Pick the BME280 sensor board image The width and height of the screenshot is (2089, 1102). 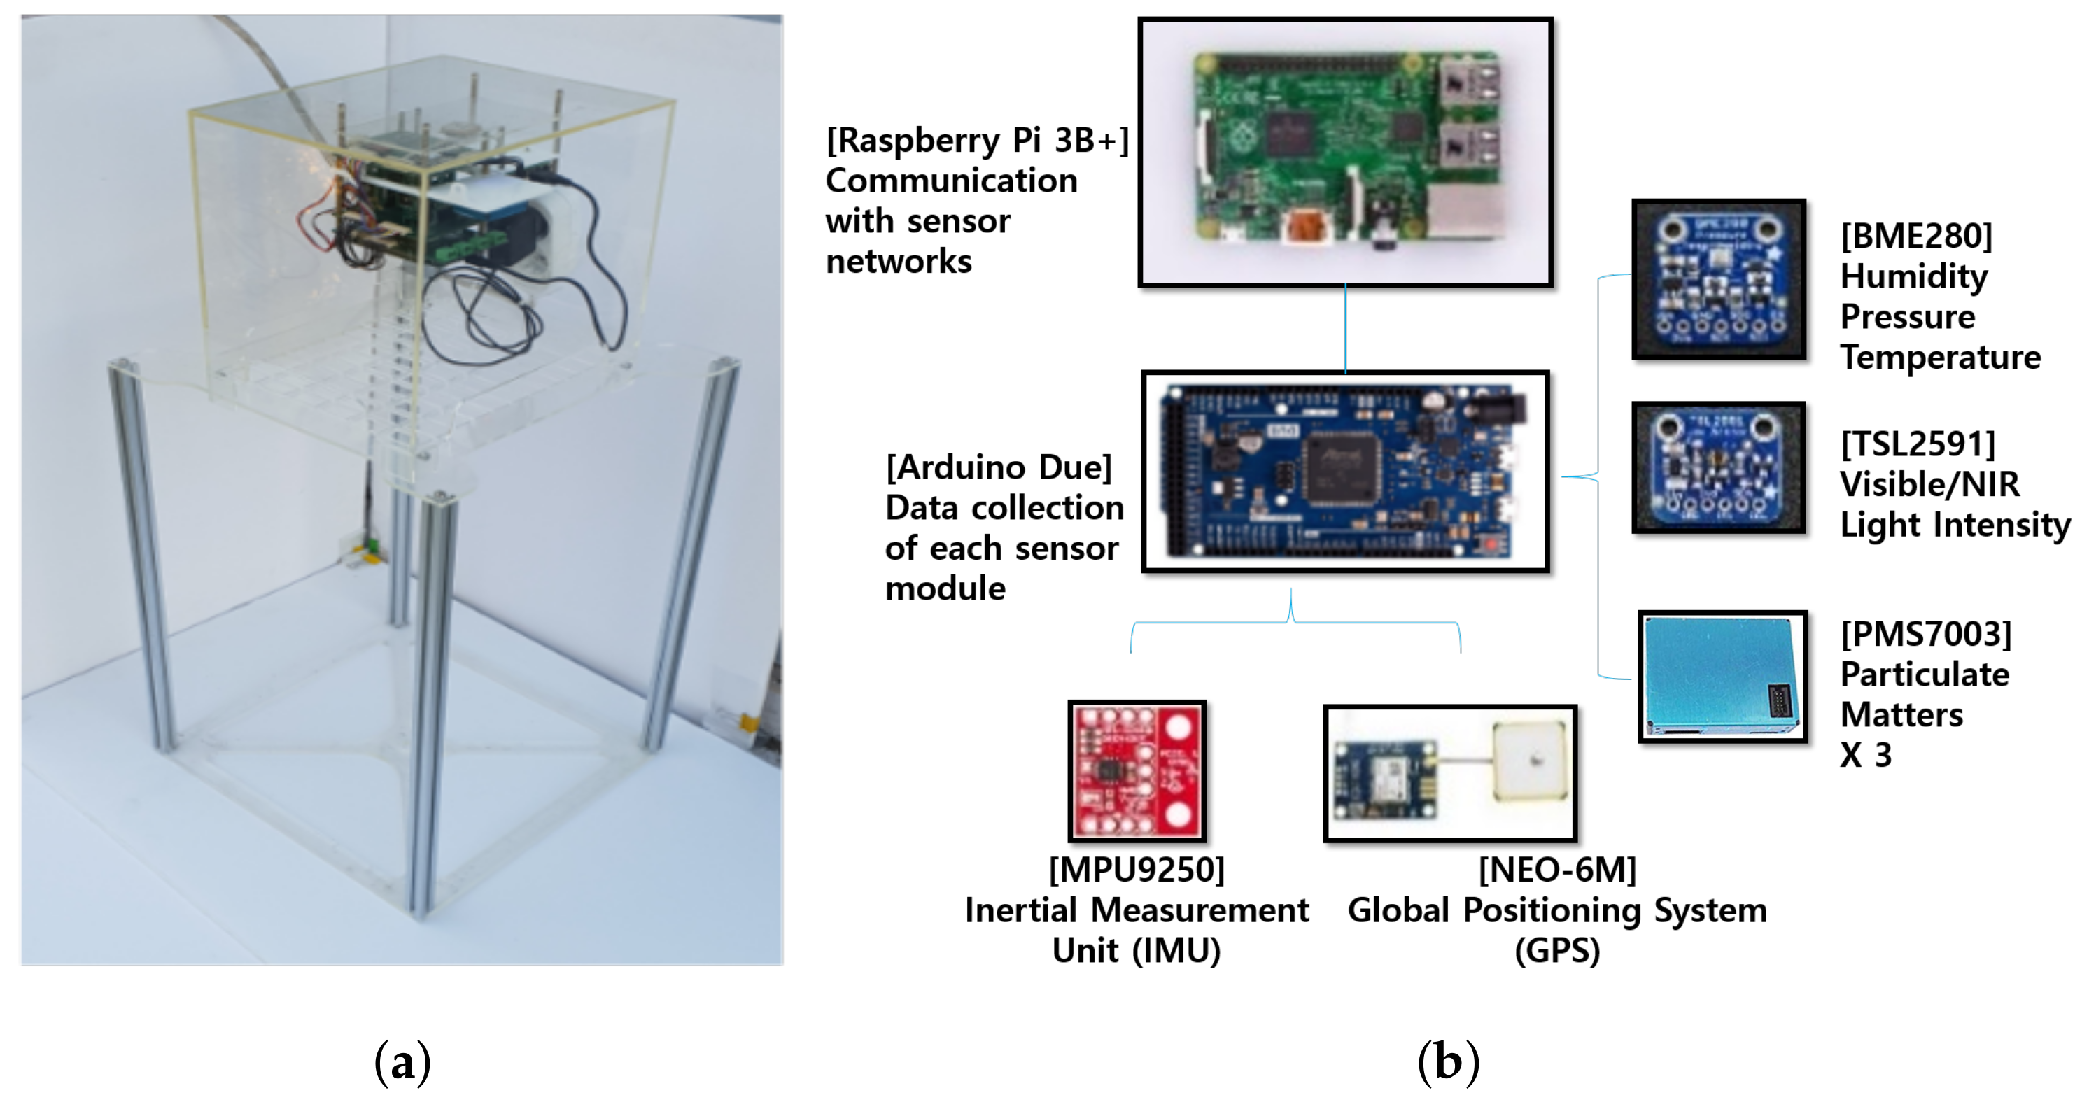tap(1718, 278)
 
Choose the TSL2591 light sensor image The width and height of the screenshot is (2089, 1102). tap(1718, 468)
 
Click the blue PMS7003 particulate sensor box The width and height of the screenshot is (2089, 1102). tap(1722, 677)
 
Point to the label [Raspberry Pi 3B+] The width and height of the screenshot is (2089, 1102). tap(977, 140)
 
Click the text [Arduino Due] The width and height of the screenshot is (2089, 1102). tap(998, 468)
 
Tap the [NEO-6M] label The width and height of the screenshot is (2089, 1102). tap(1557, 870)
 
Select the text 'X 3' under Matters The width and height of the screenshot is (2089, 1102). tap(1865, 756)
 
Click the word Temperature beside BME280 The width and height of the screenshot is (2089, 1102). tap(1940, 358)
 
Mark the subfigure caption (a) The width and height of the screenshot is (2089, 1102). tap(402, 1061)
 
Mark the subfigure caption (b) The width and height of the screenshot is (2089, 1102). tap(1449, 1061)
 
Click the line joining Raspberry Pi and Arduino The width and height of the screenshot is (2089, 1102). tap(1345, 328)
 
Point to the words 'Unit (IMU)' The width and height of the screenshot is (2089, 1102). tap(1136, 951)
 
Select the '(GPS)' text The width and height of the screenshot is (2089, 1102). tap(1557, 951)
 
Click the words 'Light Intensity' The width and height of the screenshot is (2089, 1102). tap(1955, 525)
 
